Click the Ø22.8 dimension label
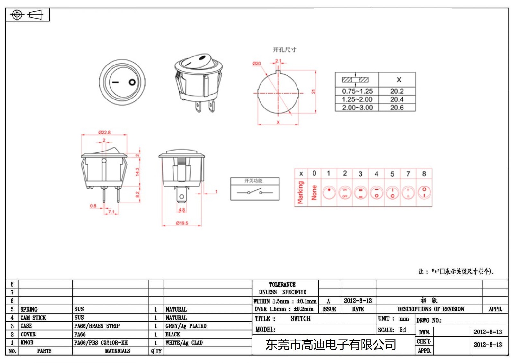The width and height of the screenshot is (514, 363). coord(104,132)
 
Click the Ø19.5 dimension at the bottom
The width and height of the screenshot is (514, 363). coord(182,223)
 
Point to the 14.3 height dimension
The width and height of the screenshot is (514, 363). coord(137,172)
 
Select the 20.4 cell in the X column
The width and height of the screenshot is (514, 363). coord(397,99)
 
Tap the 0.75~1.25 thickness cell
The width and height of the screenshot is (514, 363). coord(357,91)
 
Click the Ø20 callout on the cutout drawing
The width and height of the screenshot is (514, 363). coord(256,64)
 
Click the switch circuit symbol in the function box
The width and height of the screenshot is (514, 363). coord(254,192)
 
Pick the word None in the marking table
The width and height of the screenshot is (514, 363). coord(314,193)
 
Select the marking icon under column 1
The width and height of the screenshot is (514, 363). coord(329,193)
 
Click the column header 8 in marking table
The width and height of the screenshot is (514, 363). coord(424,174)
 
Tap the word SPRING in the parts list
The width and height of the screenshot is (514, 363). coord(29,309)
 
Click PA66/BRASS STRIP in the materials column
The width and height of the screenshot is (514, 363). coord(97,326)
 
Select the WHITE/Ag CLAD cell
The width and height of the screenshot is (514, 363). coord(184,343)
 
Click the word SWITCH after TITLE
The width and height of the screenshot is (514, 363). coord(300,319)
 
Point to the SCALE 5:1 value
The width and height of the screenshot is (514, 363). coord(403,330)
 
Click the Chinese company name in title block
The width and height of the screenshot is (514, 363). coord(331,345)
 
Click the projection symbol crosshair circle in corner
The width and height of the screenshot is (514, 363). coord(17,15)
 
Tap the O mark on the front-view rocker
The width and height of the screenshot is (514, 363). coord(132,82)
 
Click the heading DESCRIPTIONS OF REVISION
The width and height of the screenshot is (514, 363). coord(430,309)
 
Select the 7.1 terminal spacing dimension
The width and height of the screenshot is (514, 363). coord(111,212)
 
